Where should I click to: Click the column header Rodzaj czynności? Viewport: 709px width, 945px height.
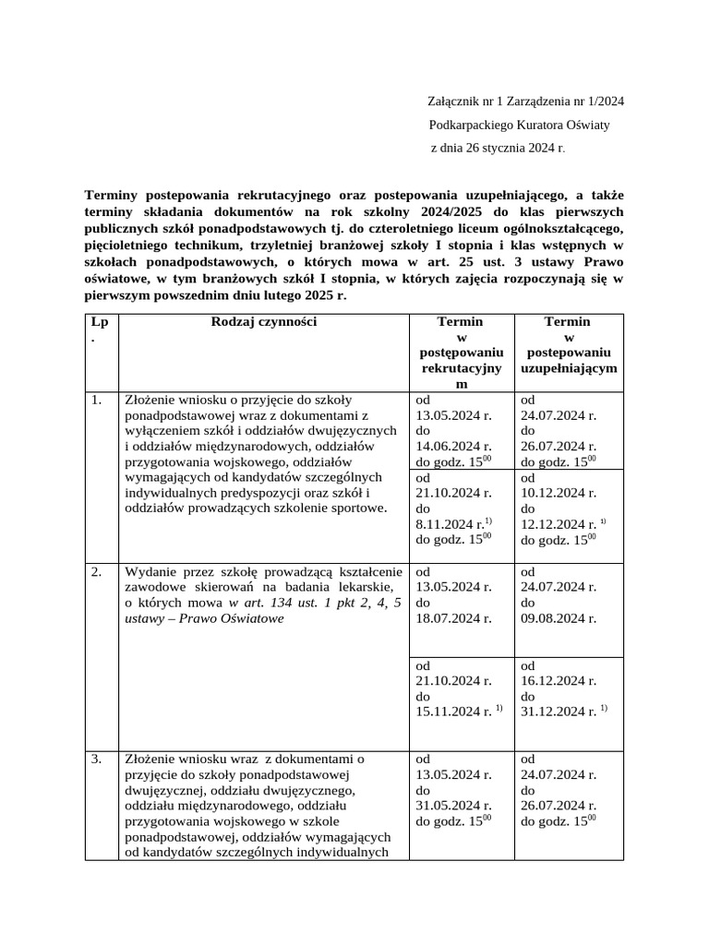click(x=264, y=322)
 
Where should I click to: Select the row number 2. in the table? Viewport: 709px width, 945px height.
click(x=97, y=571)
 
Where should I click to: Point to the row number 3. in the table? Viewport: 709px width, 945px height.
click(x=97, y=760)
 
